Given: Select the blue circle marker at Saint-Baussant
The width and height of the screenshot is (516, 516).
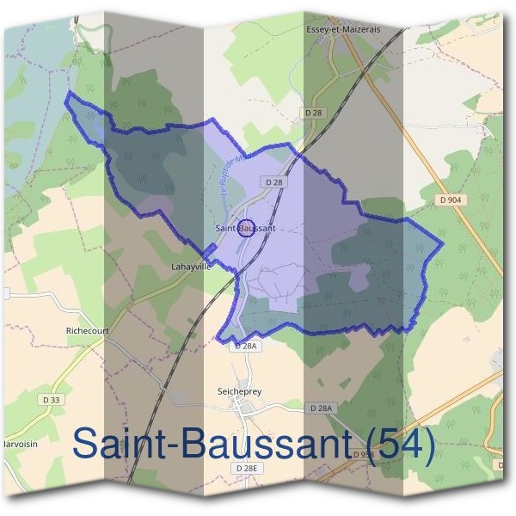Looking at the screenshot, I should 245,228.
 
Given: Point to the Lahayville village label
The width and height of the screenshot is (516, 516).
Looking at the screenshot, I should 191,267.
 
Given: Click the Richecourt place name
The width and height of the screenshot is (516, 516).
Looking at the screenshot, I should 87,329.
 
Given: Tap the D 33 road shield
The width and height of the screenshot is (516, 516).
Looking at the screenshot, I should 52,399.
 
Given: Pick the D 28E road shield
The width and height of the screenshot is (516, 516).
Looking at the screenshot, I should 246,467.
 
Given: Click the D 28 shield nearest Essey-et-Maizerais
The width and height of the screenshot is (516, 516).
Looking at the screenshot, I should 314,113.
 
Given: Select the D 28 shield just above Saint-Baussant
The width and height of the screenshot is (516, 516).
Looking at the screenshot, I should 274,182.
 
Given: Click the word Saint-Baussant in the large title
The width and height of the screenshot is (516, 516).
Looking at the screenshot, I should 211,444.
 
